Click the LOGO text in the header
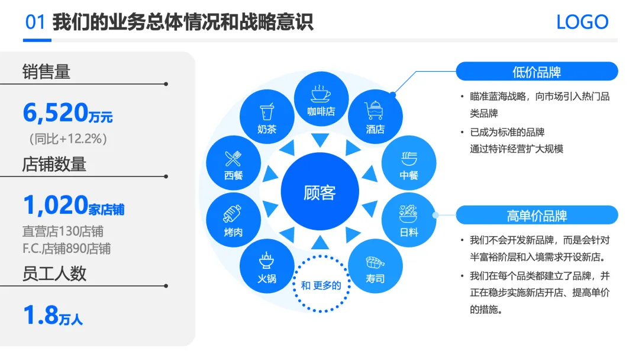[x=582, y=22]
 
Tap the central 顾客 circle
[x=319, y=192]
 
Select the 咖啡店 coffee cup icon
[x=320, y=94]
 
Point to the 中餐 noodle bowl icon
[x=409, y=158]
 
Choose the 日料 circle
[x=409, y=220]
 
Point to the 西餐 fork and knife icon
[x=233, y=158]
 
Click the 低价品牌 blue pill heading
[x=537, y=72]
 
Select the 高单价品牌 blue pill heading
[x=537, y=215]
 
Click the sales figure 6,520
[x=55, y=112]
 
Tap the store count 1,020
[x=55, y=205]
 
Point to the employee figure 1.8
[x=40, y=315]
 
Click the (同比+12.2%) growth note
[x=68, y=139]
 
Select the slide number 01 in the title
[x=35, y=22]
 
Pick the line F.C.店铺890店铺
[x=66, y=248]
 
